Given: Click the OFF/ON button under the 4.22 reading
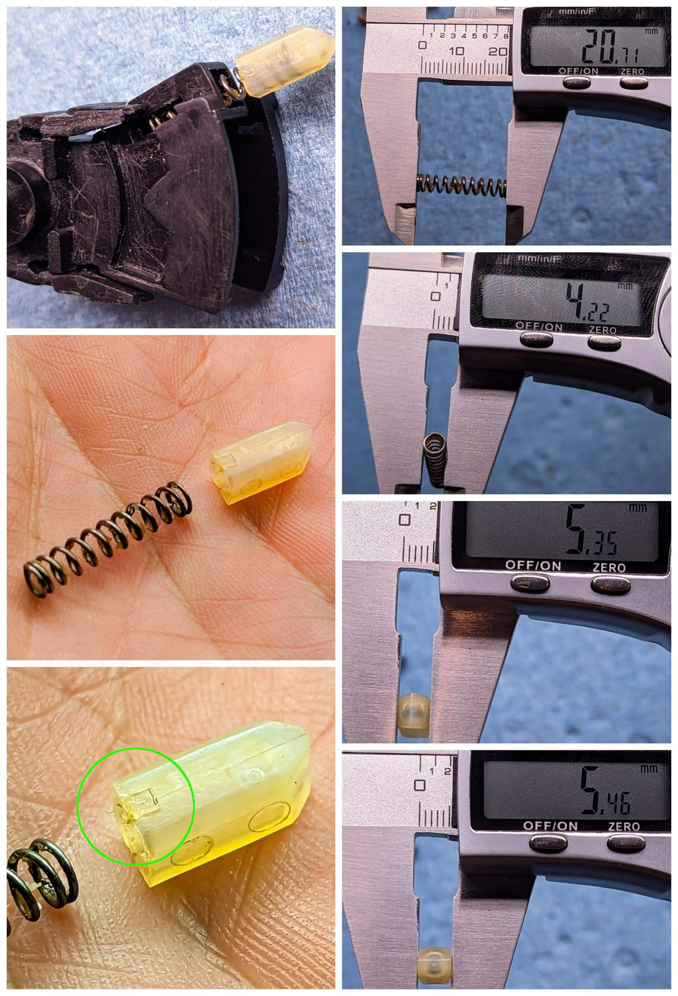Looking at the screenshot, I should click(537, 340).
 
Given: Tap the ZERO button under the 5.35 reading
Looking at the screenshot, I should click(609, 584).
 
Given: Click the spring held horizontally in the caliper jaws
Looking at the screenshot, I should click(461, 186).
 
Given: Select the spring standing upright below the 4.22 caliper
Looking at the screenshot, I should click(434, 459).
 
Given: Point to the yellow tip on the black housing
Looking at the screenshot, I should click(284, 61).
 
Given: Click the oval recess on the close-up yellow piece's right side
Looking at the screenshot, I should click(269, 817).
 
